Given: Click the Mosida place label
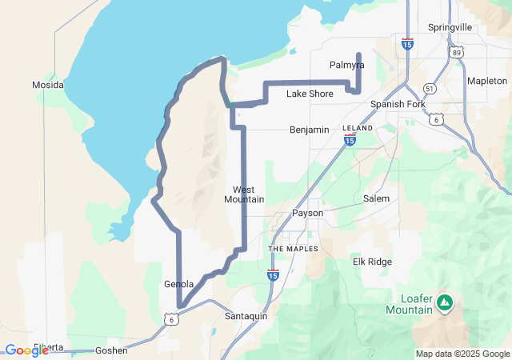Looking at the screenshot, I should (x=47, y=84).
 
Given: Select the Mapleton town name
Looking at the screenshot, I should (x=487, y=81).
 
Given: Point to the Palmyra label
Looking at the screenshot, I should (x=346, y=64).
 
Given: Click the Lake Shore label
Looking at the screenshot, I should (x=310, y=94).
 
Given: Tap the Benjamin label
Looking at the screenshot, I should (x=310, y=129).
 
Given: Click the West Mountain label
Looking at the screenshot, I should (x=244, y=194).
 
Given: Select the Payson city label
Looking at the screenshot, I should (x=307, y=214).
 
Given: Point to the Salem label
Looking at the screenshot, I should (x=376, y=198).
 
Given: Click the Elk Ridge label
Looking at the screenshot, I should (x=372, y=262).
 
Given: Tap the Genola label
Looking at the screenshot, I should (x=178, y=284).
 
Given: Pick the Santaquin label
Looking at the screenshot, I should (x=246, y=316).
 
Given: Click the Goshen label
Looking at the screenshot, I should (x=111, y=350).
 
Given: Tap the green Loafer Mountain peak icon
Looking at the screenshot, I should (x=445, y=303).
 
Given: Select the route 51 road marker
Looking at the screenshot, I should (x=430, y=89).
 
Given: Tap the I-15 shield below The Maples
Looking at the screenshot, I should (x=273, y=275).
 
